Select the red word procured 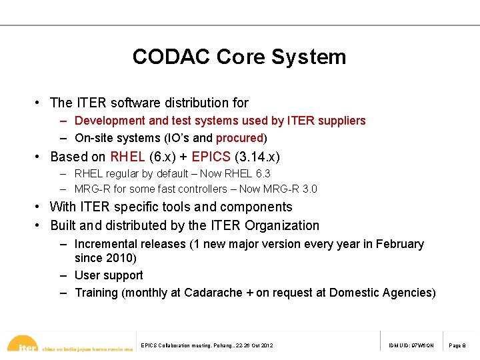click(239, 138)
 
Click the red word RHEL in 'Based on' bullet click(128, 157)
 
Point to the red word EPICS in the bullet click(211, 157)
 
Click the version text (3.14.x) click(257, 157)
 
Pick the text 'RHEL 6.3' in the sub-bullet click(248, 173)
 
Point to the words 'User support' click(109, 275)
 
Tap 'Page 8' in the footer click(458, 345)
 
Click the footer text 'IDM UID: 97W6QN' click(412, 345)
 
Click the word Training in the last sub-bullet click(96, 293)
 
